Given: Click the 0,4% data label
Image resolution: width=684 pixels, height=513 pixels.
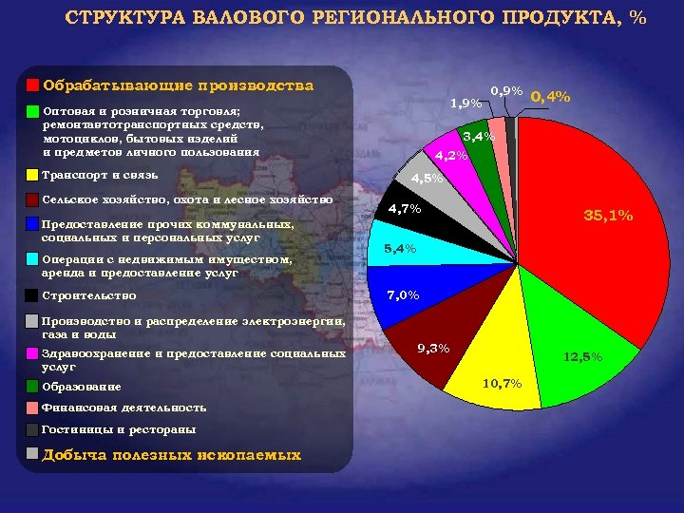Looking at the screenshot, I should pyautogui.click(x=550, y=97).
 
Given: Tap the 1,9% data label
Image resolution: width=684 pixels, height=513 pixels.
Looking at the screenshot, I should pyautogui.click(x=465, y=103).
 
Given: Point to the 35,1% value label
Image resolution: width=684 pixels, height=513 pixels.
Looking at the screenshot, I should pyautogui.click(x=608, y=216).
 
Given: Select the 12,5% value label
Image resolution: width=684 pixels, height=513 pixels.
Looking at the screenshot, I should pyautogui.click(x=581, y=357).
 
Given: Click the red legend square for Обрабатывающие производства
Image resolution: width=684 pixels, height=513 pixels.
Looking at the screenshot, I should pyautogui.click(x=32, y=85).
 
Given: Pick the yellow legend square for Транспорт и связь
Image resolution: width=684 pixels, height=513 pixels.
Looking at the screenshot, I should pyautogui.click(x=32, y=175).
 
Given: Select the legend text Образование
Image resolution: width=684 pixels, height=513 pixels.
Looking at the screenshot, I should pyautogui.click(x=82, y=387).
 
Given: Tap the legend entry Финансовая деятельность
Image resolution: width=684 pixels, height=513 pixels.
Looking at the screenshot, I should pyautogui.click(x=124, y=408).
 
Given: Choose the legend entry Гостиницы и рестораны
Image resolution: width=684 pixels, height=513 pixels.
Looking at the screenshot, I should pyautogui.click(x=120, y=429).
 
